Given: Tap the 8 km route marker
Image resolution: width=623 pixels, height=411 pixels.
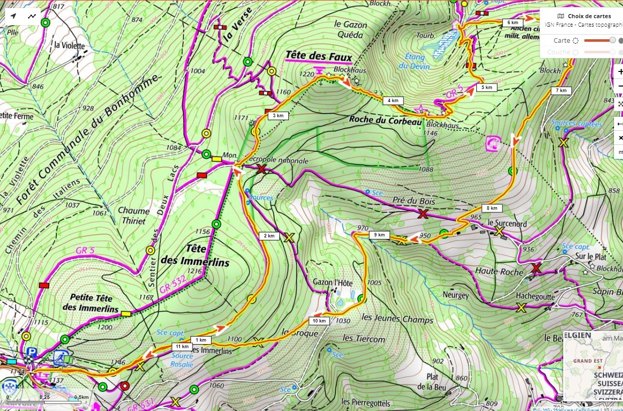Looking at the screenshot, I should pos(492,208).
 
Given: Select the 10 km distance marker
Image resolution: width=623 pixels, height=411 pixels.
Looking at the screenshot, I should pos(320,321).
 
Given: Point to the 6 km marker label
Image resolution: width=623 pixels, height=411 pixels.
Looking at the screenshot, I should pos(512,23).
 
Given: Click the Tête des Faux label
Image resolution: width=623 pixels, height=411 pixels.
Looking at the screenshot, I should pos(319,56).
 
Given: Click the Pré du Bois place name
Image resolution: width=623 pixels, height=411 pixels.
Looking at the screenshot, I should pos(414,201).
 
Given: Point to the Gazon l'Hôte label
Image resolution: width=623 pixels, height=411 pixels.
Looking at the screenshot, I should pos(333,282).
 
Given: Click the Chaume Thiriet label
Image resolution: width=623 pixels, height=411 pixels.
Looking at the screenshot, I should pos(134,216).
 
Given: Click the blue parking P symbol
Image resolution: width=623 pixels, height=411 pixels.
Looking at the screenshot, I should pos(33,352).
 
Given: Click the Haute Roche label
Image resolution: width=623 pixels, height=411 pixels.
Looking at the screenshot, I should pos(499,271).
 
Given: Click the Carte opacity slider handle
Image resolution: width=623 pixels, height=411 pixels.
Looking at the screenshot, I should pos(612,40).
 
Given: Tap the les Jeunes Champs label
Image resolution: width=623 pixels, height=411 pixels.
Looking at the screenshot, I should pos(397,319).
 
